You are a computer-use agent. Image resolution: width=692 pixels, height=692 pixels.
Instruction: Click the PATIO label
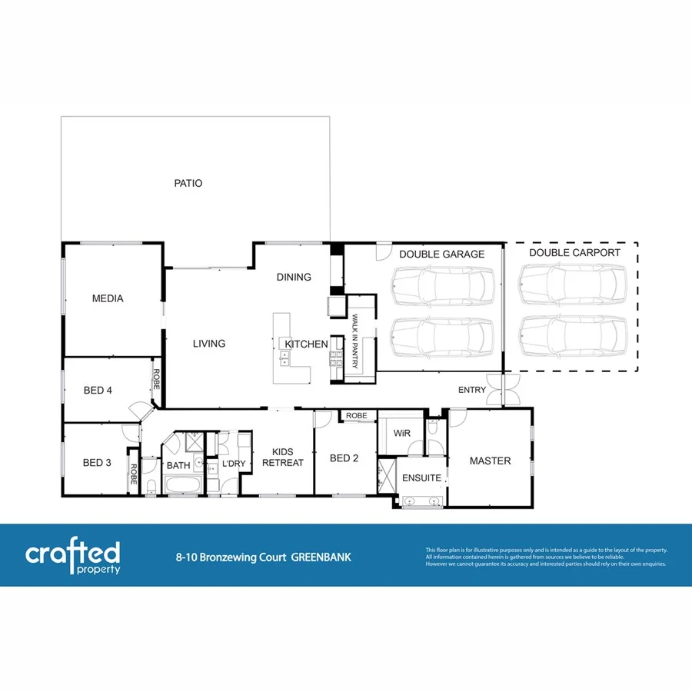[x=188, y=184]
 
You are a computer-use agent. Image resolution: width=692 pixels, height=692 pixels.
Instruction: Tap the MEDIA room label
[x=108, y=298]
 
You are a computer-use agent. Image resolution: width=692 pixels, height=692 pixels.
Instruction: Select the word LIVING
[x=208, y=344]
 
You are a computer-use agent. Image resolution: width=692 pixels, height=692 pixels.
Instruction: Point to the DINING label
[x=294, y=277]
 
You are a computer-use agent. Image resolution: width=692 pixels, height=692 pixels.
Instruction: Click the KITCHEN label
[x=307, y=344]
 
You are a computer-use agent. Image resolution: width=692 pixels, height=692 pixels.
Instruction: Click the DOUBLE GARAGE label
[x=441, y=255]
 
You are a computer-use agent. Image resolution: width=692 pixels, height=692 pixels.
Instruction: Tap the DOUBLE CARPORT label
[x=574, y=252]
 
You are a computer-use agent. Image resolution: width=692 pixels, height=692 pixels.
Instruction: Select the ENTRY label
[x=471, y=390]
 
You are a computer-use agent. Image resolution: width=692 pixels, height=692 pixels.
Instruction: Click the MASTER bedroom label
[x=490, y=461]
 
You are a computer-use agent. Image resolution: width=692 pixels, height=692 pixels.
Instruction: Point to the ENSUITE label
[x=422, y=477]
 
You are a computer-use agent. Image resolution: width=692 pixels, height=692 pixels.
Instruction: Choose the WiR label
[x=401, y=434]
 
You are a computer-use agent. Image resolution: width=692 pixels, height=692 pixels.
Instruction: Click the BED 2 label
[x=344, y=458]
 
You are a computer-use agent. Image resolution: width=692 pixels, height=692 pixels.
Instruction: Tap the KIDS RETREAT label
[x=283, y=457]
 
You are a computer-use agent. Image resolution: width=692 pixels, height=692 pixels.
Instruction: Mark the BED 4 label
[x=98, y=391]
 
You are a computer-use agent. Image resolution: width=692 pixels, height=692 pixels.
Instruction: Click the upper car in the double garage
[x=441, y=286]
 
